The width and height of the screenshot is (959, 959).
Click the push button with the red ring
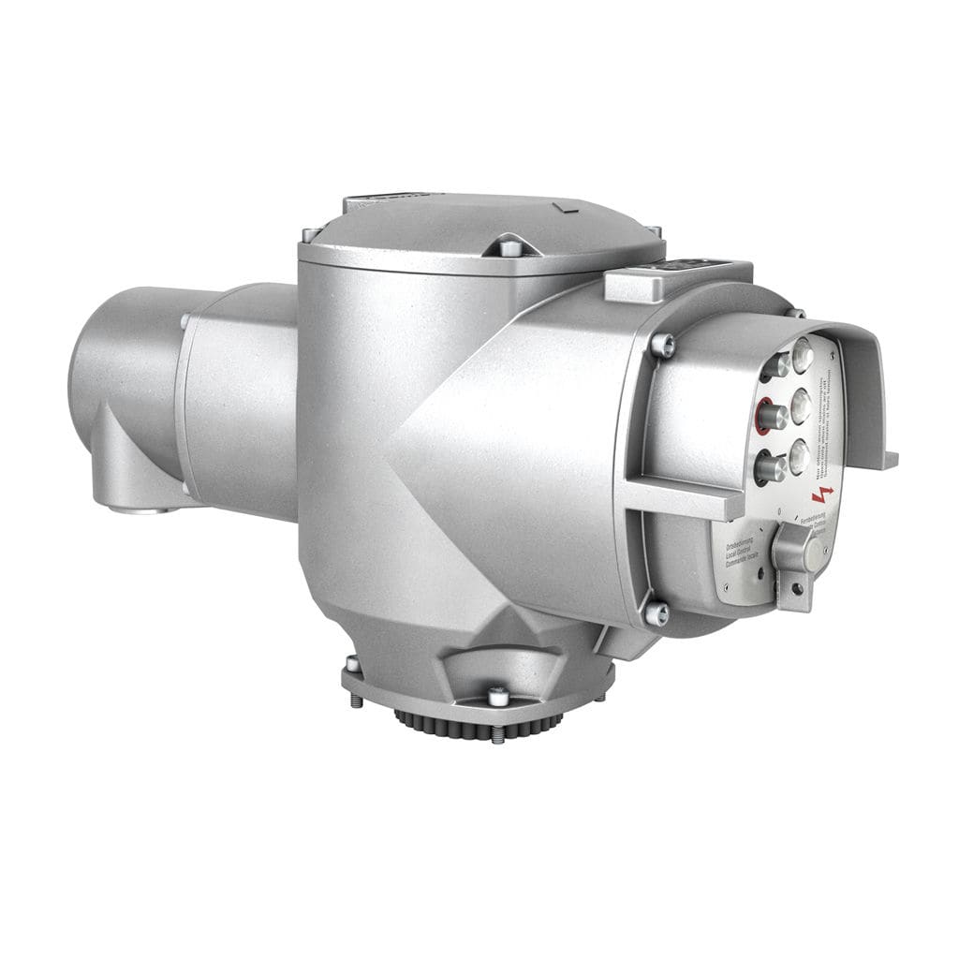772,415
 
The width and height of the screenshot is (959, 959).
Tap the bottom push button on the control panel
771,465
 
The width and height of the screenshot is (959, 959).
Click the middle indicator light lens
801,405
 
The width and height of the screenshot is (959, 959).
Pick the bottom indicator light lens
798,456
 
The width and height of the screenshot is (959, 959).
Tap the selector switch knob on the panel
792,548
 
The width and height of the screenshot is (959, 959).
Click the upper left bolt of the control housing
663,347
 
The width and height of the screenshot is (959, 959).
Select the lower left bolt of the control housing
657,613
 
